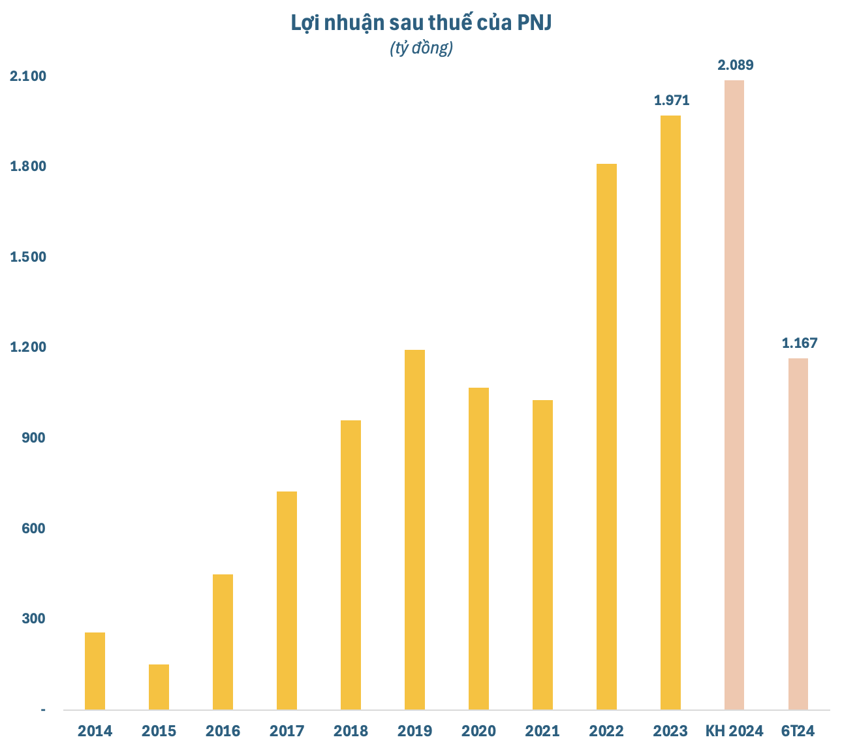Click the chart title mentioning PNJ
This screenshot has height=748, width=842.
(x=421, y=23)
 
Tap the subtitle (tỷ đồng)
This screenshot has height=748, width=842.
(x=421, y=48)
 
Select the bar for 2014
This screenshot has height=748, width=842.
(x=95, y=670)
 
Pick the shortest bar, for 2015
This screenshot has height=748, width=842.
(x=159, y=687)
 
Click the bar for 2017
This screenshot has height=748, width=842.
(x=287, y=600)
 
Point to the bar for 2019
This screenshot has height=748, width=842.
(x=414, y=529)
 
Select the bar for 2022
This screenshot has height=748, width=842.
(x=606, y=437)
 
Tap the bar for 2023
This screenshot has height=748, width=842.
(x=670, y=413)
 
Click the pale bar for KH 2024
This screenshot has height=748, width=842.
(x=734, y=395)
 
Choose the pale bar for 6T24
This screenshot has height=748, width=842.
(x=798, y=534)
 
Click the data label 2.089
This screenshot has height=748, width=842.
(x=736, y=65)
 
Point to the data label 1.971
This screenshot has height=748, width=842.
(x=672, y=101)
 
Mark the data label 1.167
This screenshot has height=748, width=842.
(x=800, y=343)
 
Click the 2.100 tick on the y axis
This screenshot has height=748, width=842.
(x=28, y=76)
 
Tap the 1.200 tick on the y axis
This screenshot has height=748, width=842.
(x=28, y=347)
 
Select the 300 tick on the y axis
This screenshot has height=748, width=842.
(x=35, y=618)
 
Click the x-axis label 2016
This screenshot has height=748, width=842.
(x=223, y=731)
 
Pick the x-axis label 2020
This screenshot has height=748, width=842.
(x=478, y=731)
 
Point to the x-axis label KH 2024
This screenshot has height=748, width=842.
(x=734, y=731)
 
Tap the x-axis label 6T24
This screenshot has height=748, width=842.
(x=798, y=731)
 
